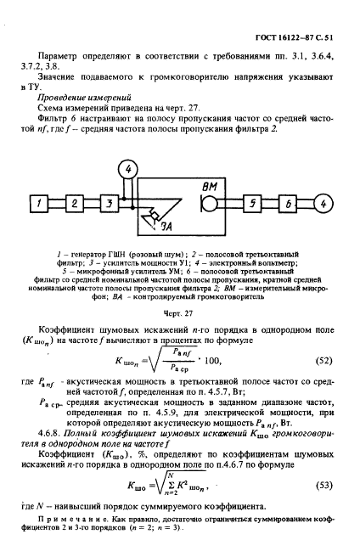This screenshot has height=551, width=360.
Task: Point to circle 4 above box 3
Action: click(x=128, y=170)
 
